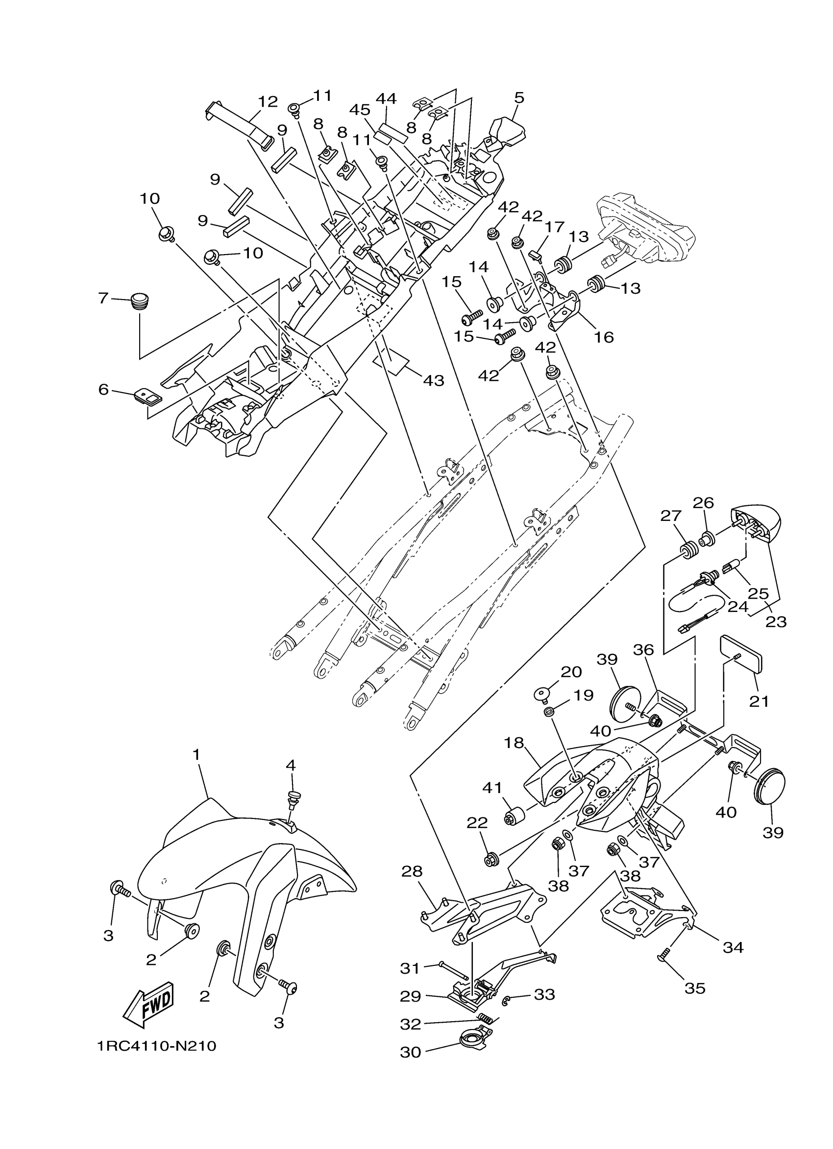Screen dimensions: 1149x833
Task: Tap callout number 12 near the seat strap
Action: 268,102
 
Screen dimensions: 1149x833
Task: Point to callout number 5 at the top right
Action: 518,98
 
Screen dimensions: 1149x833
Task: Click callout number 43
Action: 433,380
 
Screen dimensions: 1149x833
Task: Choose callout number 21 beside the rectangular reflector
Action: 759,701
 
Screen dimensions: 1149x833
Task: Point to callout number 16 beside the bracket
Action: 604,336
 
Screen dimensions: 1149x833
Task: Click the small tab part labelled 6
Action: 147,396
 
